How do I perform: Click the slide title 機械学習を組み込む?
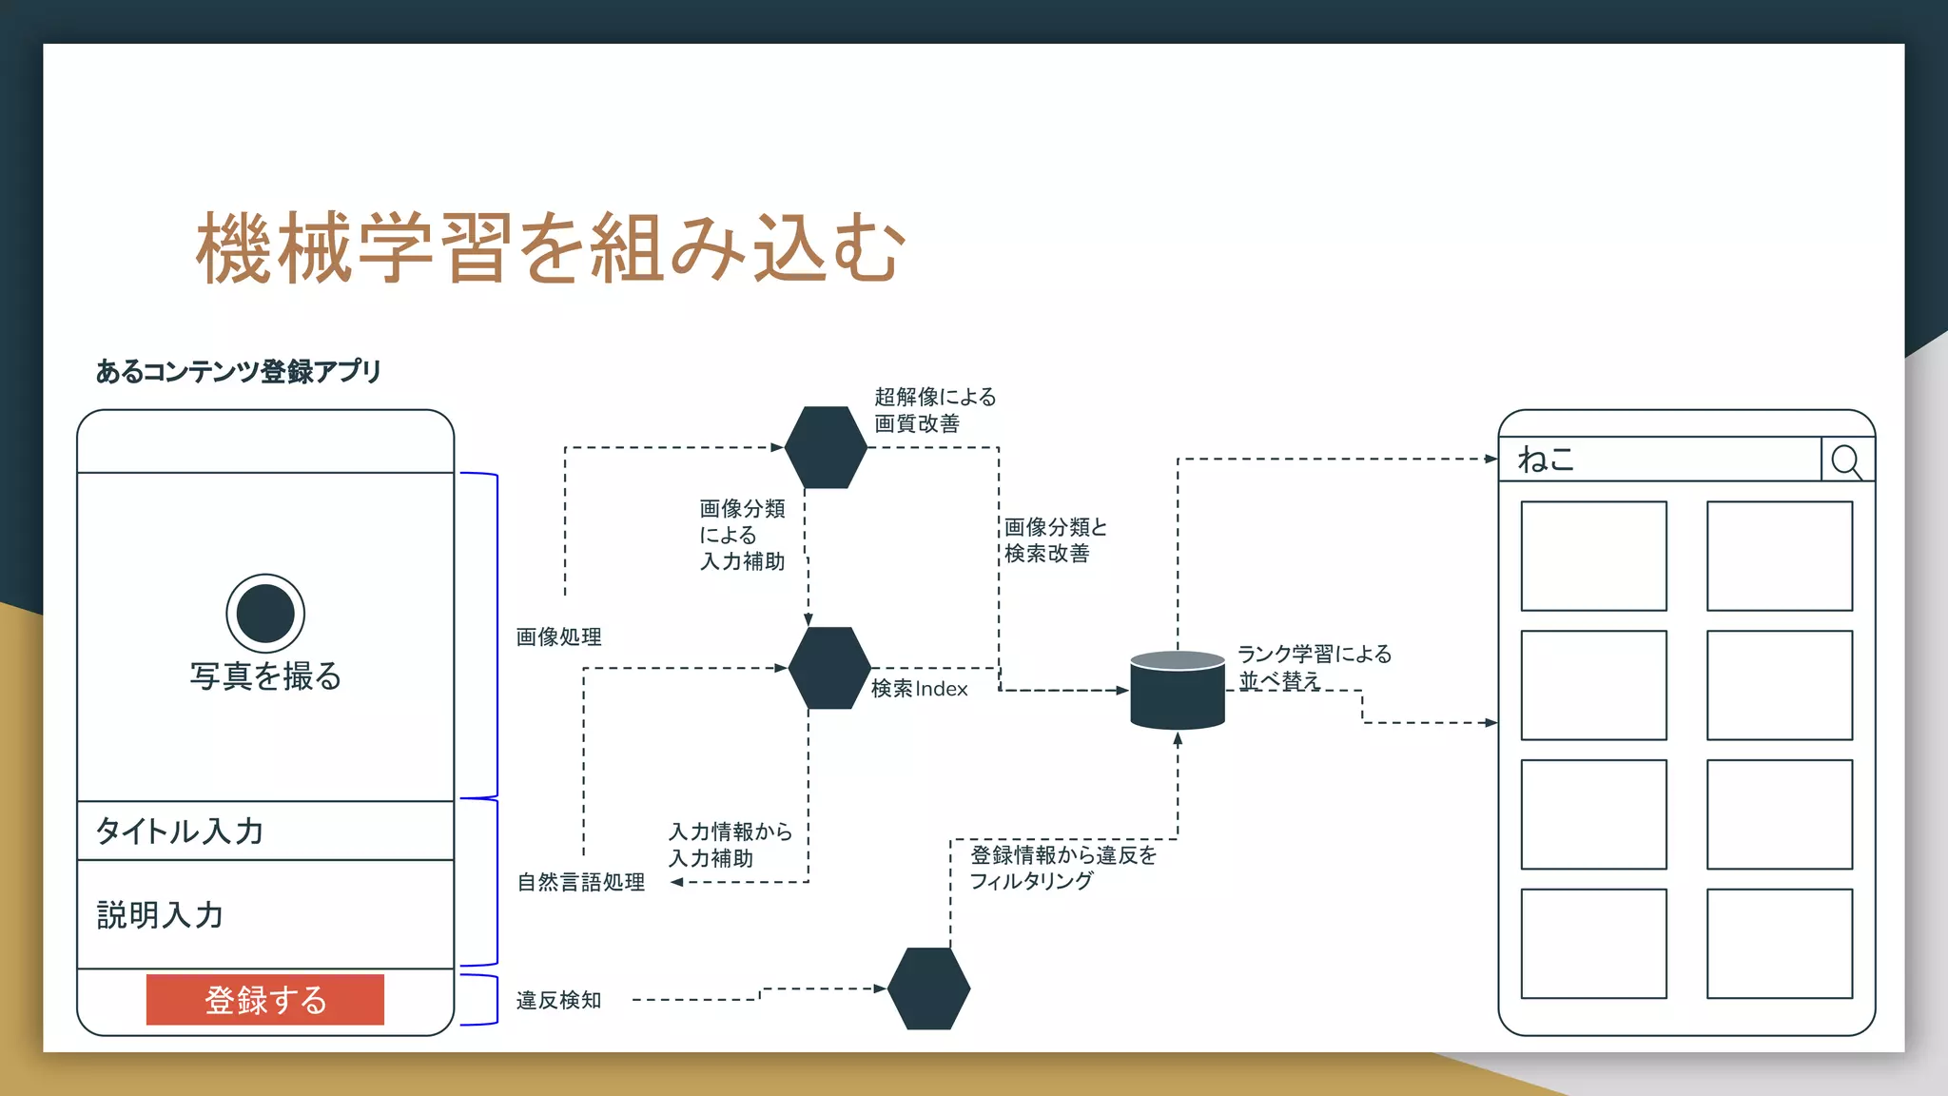(550, 248)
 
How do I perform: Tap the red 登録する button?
(265, 1000)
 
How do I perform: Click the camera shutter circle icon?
(265, 614)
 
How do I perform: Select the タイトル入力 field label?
(180, 832)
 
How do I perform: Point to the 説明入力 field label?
(160, 915)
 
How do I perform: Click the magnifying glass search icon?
(1846, 461)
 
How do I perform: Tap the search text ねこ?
(1546, 460)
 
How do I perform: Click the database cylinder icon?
(1177, 691)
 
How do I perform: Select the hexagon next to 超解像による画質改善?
(826, 447)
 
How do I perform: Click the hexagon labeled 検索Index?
(829, 668)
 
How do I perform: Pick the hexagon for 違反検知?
(928, 988)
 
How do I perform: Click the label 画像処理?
(558, 637)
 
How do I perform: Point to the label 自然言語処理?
(580, 883)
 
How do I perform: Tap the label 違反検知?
(558, 1001)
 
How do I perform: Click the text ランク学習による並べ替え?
(1314, 667)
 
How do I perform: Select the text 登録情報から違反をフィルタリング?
(1062, 868)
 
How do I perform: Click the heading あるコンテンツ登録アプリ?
(238, 371)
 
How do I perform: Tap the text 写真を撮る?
(265, 676)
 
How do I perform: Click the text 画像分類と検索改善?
(1055, 540)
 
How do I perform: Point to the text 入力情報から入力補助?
(730, 845)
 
